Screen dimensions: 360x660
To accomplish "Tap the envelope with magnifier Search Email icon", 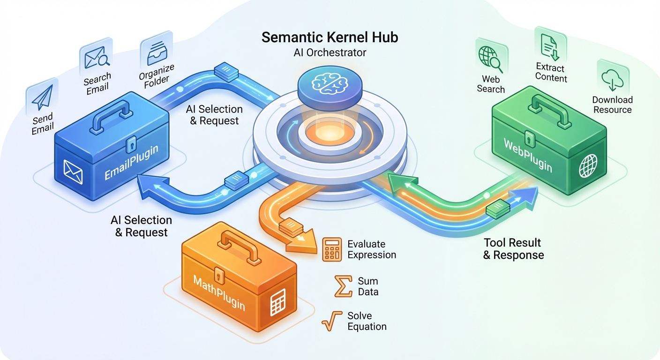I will pos(96,58).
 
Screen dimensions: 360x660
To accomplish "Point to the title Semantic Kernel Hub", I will pos(330,37).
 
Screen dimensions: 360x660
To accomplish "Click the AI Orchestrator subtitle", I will pos(330,52).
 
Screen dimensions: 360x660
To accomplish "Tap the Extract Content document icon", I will pos(550,47).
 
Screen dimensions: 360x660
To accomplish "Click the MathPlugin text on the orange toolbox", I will pos(219,293).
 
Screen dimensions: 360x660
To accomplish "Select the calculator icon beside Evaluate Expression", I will pos(332,249).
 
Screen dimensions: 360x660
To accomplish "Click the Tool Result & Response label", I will pos(513,249).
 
